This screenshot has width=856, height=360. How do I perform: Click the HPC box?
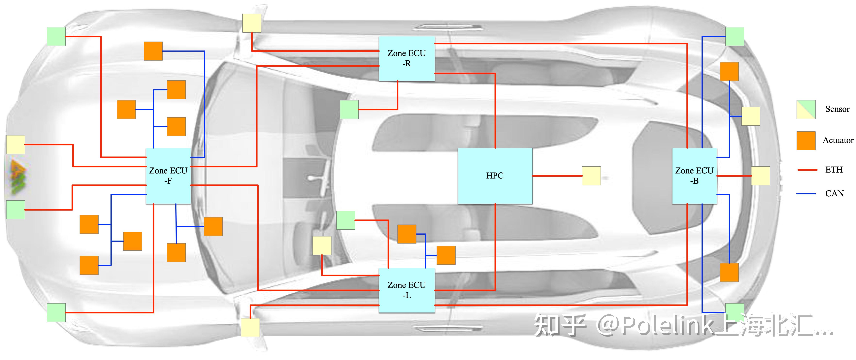click(x=495, y=176)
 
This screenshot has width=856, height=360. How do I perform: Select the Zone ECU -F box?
click(x=168, y=176)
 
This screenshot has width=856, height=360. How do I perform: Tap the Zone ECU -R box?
click(x=407, y=58)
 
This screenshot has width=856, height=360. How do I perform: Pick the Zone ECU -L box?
click(x=407, y=290)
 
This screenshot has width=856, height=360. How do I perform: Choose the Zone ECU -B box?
click(x=694, y=176)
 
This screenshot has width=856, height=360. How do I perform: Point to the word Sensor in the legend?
click(x=837, y=109)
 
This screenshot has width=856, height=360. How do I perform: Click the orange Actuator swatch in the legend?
click(x=806, y=141)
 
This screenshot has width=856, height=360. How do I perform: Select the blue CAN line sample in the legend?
click(x=806, y=193)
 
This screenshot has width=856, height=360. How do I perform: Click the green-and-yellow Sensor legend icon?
click(x=806, y=109)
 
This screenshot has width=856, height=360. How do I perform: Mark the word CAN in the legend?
click(x=834, y=193)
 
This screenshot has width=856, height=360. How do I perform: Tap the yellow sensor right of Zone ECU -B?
click(x=761, y=176)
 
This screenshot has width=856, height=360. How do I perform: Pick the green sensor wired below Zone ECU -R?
click(x=349, y=109)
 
